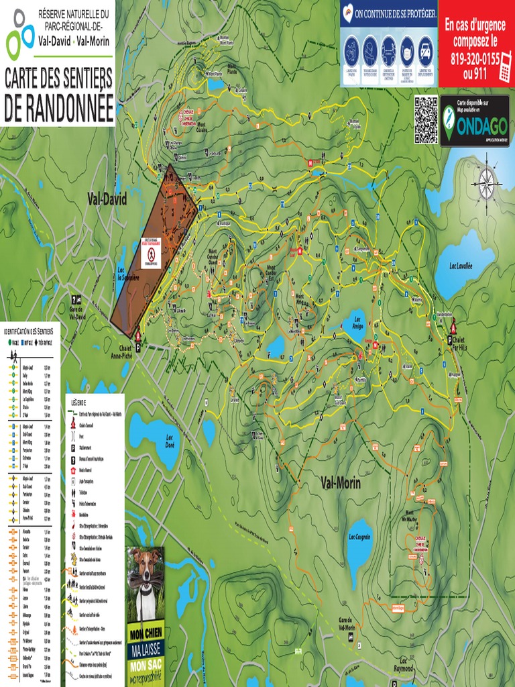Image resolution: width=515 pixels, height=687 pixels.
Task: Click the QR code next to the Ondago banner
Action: tap(426, 119)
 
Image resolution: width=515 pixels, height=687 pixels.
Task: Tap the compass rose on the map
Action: tap(486, 179)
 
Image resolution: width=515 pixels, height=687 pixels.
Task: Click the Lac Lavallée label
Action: tap(461, 266)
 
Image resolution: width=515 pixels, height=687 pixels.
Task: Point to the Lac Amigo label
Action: tap(357, 323)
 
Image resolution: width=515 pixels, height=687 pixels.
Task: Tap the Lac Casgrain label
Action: tap(360, 537)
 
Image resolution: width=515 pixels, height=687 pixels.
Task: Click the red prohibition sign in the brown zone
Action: tap(152, 254)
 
